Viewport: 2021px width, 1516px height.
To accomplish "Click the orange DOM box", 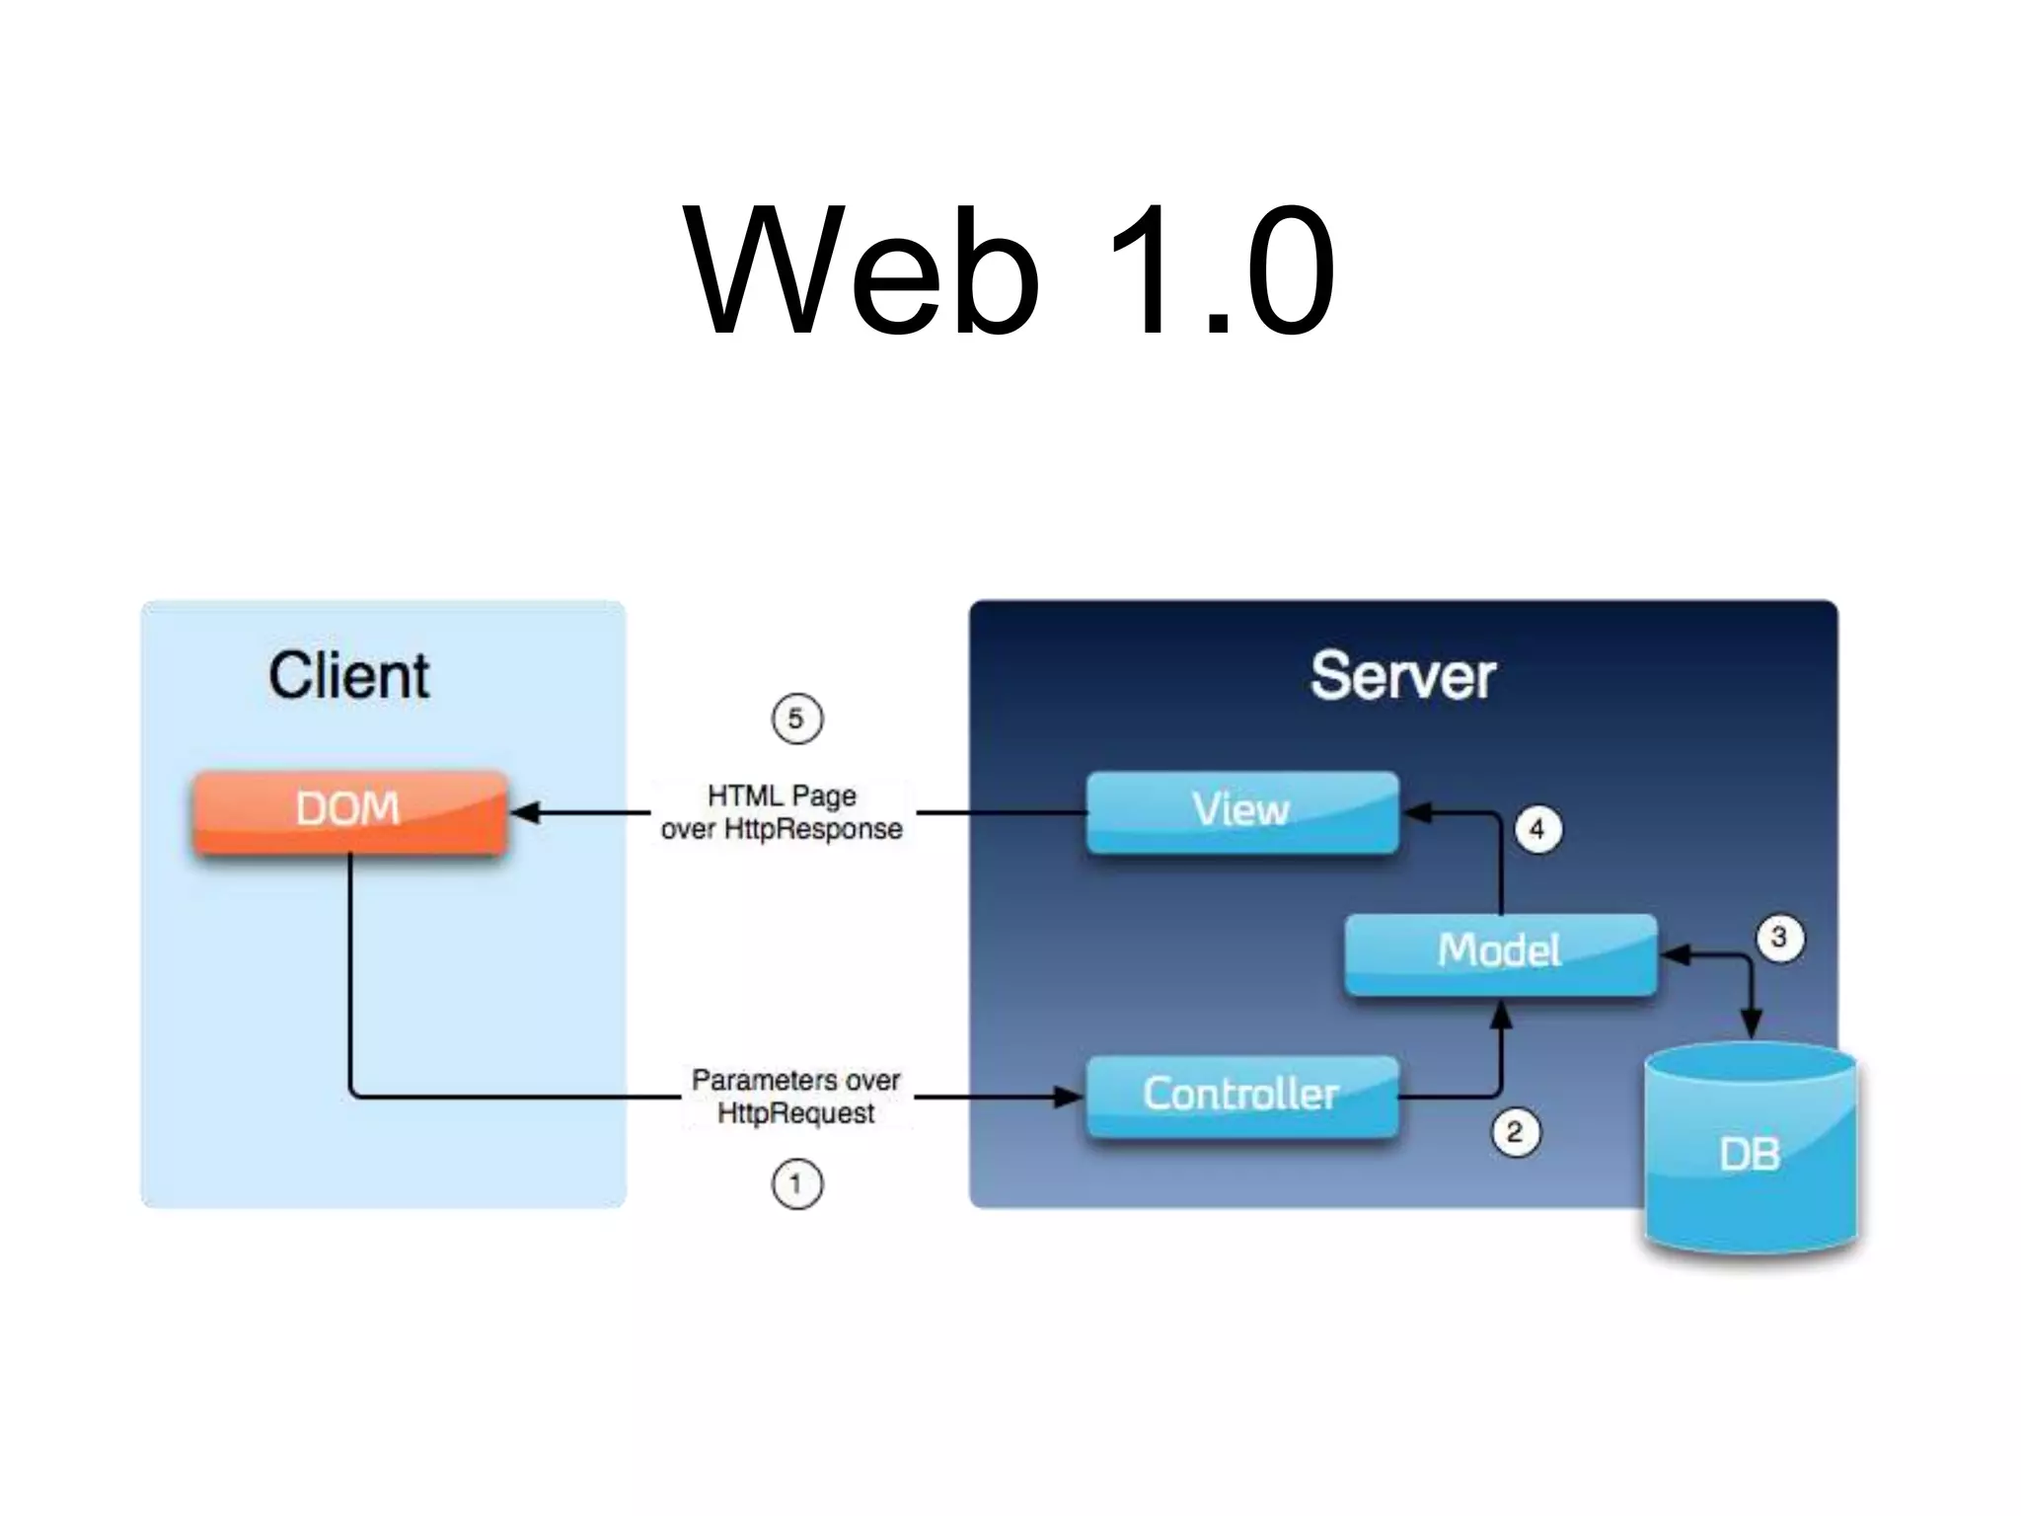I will (x=349, y=811).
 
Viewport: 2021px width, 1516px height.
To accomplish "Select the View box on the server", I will (x=1241, y=811).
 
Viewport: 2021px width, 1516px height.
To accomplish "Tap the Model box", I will (x=1499, y=952).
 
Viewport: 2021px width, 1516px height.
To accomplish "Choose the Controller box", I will (x=1241, y=1095).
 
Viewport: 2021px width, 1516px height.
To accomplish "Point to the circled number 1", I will (x=796, y=1183).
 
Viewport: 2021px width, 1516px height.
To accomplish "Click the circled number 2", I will (x=1515, y=1132).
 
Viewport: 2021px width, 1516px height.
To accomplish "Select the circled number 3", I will (x=1779, y=937).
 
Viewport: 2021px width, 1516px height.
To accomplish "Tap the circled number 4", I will (x=1537, y=829).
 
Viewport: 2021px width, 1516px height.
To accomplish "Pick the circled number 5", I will (x=796, y=719).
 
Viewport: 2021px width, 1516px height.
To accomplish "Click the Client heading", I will (x=348, y=677).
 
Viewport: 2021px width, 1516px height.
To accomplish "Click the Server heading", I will (x=1402, y=677).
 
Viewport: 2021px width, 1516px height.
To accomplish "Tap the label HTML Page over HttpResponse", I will (x=782, y=812).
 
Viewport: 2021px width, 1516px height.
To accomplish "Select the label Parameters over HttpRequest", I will (x=795, y=1096).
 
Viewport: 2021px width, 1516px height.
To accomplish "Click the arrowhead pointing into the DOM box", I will (x=526, y=812).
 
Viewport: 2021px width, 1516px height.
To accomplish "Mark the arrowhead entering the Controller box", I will (x=1069, y=1096).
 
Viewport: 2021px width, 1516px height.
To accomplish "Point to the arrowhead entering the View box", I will (x=1417, y=812).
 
